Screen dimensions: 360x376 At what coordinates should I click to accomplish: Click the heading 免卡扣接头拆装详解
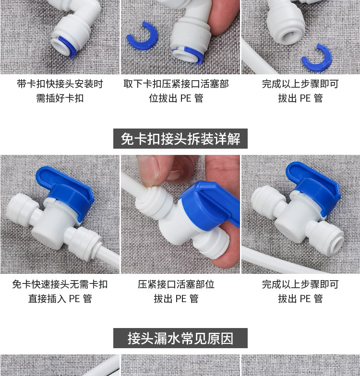[180, 139]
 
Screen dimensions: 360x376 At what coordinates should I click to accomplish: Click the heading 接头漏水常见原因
[180, 338]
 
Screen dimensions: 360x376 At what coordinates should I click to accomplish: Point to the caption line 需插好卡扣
[60, 98]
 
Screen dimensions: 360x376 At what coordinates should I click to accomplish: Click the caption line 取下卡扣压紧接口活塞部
[176, 84]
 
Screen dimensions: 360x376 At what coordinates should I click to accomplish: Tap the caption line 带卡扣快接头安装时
[60, 84]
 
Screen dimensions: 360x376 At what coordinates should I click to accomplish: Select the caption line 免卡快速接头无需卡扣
[60, 284]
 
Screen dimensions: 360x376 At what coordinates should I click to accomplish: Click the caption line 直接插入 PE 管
[60, 298]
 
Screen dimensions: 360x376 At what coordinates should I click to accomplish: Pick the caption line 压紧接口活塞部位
[176, 284]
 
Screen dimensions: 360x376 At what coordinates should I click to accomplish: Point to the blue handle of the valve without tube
[314, 185]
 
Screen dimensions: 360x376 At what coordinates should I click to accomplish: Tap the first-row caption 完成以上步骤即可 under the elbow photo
[300, 84]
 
